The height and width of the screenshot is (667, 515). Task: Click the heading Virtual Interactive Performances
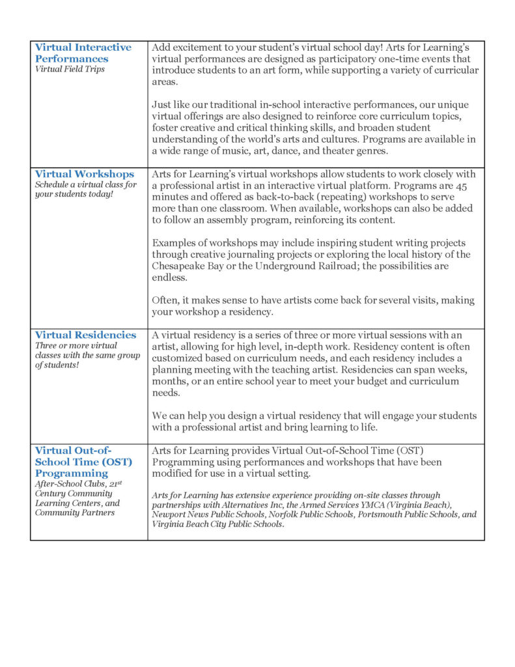[83, 53]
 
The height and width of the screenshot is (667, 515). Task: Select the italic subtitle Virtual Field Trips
[70, 69]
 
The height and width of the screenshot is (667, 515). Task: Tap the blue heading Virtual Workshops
[85, 174]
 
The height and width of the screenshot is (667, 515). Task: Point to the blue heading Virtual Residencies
[85, 335]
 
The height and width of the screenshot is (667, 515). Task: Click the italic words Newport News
[178, 515]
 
